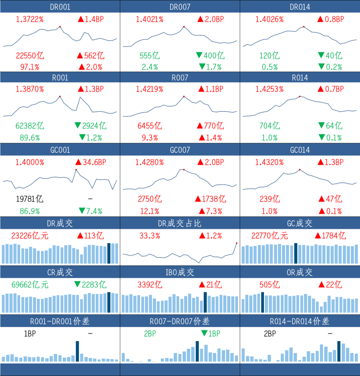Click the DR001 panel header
[60, 7]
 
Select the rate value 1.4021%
[150, 19]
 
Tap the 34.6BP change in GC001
[94, 162]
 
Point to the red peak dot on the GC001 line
[76, 169]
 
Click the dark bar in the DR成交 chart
[109, 253]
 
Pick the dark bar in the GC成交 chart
[296, 253]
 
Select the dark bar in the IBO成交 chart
[205, 302]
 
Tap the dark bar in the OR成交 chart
[263, 302]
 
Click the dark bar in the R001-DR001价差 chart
[77, 351]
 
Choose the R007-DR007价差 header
[180, 321]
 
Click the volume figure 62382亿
[30, 126]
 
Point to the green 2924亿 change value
[94, 126]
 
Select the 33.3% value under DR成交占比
[150, 236]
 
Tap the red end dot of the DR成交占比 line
[237, 243]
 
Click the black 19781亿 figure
[30, 199]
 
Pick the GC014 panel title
[300, 150]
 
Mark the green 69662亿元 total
[30, 285]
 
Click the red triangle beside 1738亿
[198, 199]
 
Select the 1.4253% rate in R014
[269, 89]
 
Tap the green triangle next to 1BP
[204, 333]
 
